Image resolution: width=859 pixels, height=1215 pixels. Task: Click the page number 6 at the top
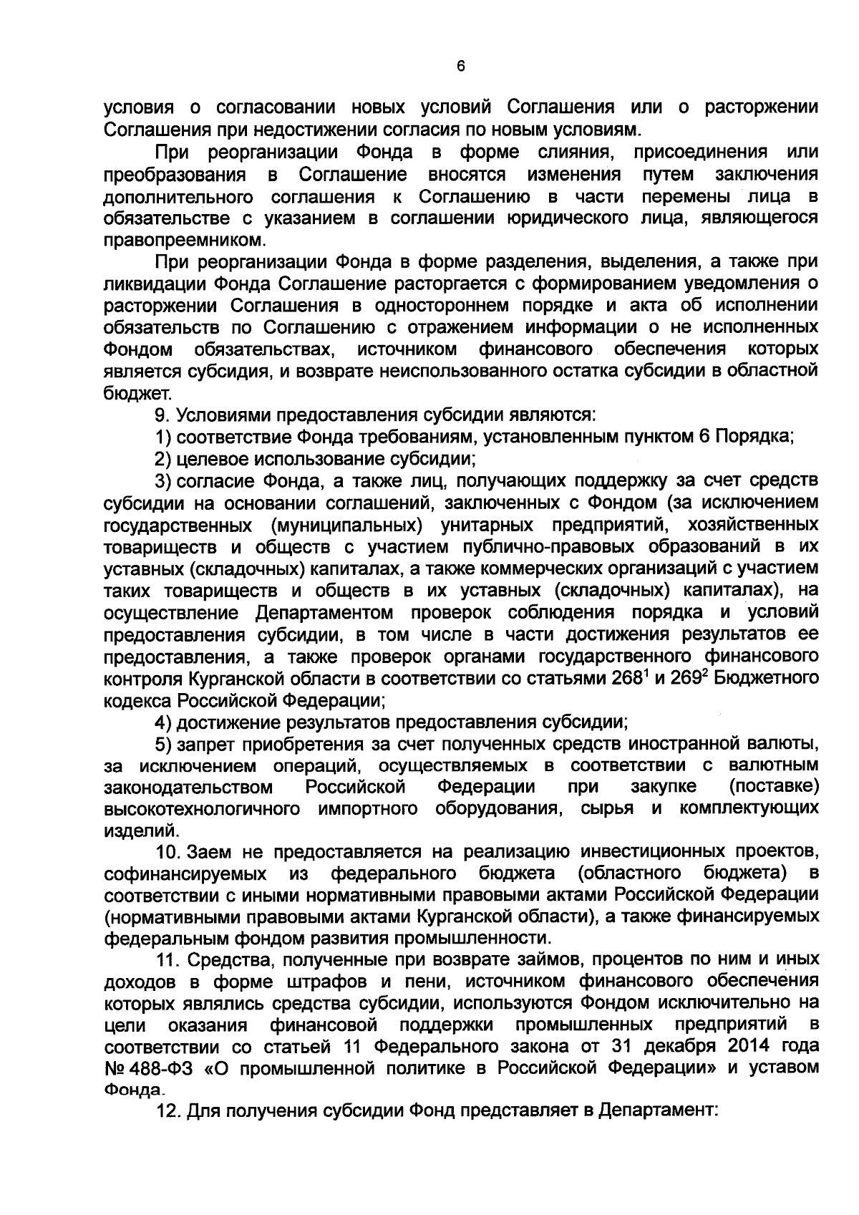[x=460, y=66]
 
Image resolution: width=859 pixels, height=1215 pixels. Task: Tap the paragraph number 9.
[x=162, y=415]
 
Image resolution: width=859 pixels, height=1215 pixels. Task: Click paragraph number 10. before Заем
[x=170, y=852]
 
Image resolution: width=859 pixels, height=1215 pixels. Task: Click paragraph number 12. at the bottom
[x=170, y=1111]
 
